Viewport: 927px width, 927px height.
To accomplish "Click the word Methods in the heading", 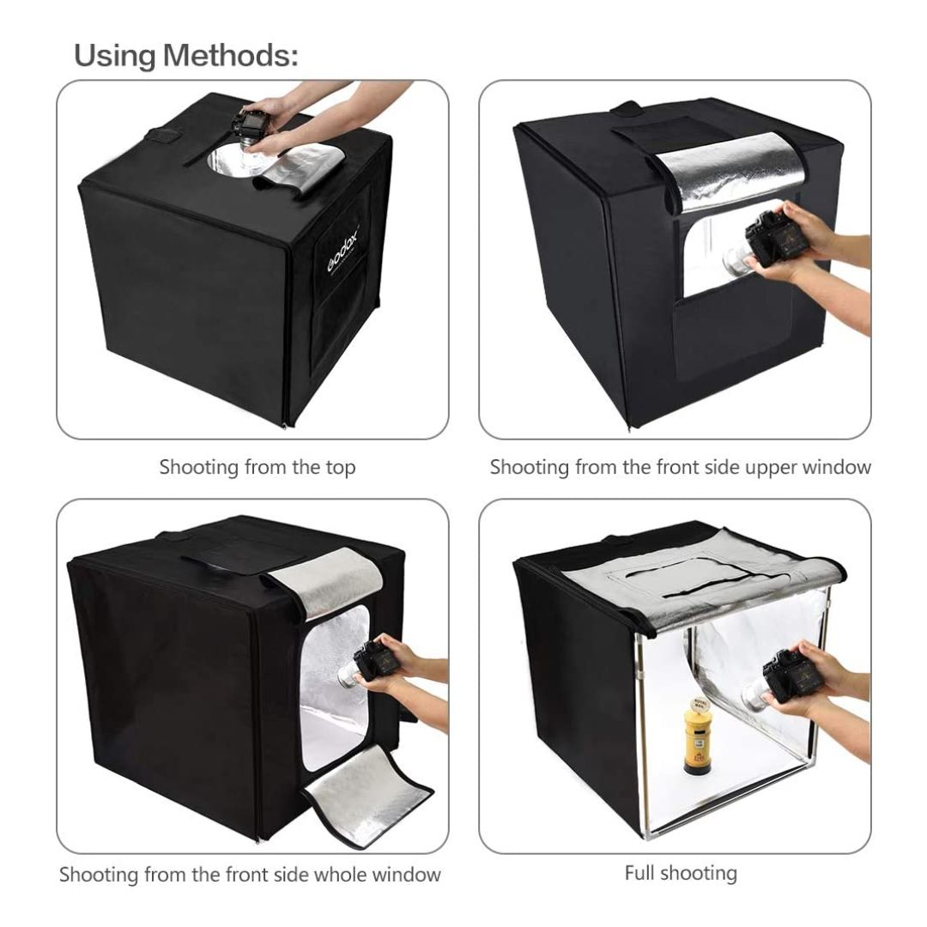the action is [231, 56].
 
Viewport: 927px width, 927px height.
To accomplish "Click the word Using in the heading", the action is [115, 57].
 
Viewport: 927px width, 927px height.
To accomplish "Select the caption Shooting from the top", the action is [257, 467].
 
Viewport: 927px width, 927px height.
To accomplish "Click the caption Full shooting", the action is [681, 873].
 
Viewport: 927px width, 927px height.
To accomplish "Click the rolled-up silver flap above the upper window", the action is [730, 172].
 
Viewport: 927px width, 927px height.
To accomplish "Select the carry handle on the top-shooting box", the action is [165, 136].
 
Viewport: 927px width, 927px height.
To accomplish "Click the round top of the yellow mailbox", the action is [697, 705].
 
